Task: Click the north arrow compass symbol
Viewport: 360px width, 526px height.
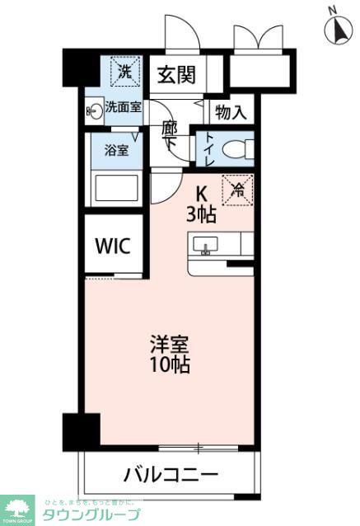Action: pos(337,29)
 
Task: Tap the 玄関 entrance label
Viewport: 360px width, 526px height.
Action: pos(176,76)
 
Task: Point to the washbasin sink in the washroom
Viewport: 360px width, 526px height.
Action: pos(93,111)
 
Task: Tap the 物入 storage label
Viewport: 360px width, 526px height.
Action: pos(230,111)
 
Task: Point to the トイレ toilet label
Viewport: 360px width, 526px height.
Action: pos(209,149)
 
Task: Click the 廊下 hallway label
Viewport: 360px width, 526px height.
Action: pos(171,135)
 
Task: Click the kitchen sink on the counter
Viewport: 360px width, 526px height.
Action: pos(205,244)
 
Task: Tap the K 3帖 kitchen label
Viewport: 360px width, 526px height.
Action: pos(201,204)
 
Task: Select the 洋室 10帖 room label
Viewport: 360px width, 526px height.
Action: pos(170,352)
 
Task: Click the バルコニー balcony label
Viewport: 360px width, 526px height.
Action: pos(171,475)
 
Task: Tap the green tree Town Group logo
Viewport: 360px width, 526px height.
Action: pos(17,508)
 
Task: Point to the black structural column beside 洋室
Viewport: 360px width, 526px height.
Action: pos(81,430)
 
